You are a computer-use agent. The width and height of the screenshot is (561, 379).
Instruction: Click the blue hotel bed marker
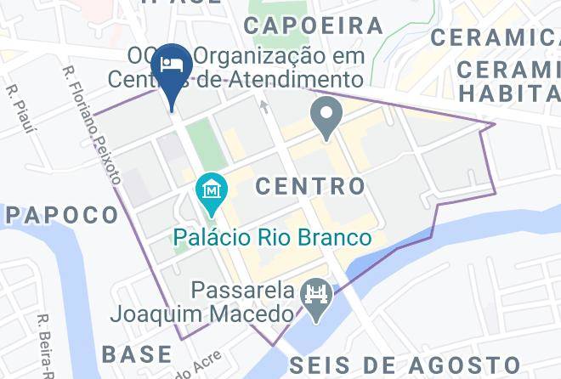click(x=171, y=65)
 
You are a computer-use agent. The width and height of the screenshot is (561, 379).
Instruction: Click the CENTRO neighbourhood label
click(x=310, y=185)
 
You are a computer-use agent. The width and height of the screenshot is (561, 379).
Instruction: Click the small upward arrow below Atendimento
click(x=263, y=106)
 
